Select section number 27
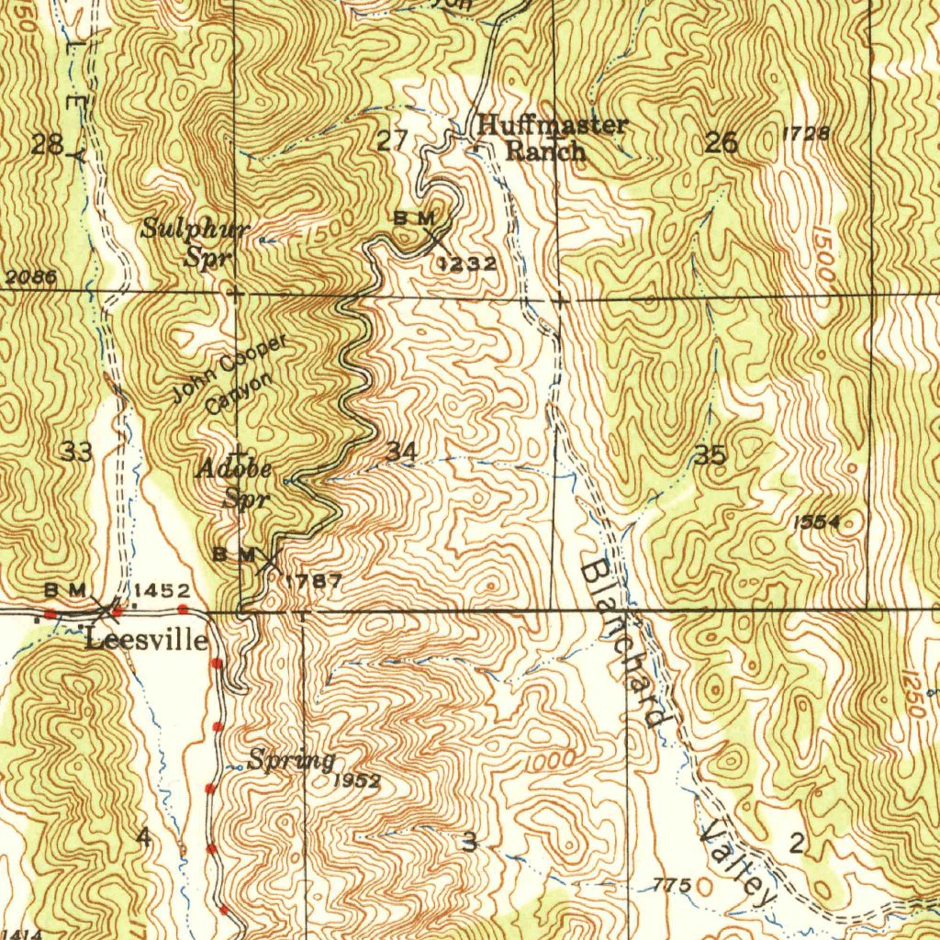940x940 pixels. tap(392, 141)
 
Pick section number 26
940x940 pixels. tap(722, 142)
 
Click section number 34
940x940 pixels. tap(402, 451)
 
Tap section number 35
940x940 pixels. tap(711, 454)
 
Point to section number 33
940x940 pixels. tap(77, 451)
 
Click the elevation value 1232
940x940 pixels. tap(467, 264)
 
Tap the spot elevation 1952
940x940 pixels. tap(357, 781)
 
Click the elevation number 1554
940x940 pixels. tap(816, 522)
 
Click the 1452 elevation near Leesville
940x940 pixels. tap(162, 590)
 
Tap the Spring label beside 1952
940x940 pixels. tap(291, 760)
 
